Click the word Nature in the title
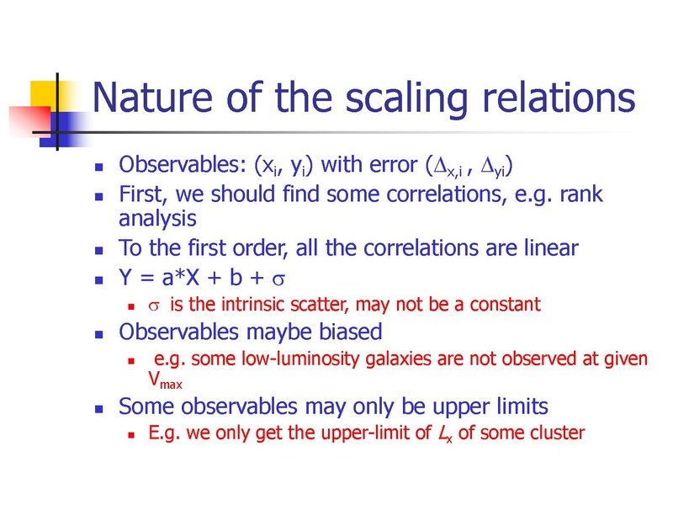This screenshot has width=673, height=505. [152, 98]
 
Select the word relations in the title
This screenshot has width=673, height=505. [559, 98]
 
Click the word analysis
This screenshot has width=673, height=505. [157, 220]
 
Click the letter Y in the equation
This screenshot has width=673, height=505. [125, 278]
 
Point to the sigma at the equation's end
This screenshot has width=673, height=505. [278, 280]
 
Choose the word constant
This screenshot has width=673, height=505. [505, 305]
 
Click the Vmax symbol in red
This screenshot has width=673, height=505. [165, 380]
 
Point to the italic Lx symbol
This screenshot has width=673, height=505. [445, 433]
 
